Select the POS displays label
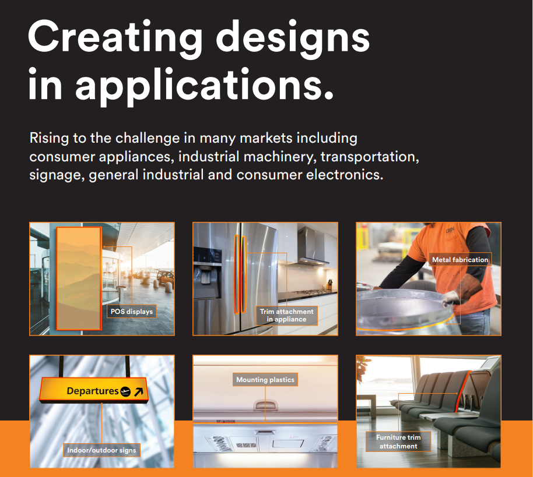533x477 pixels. pos(132,312)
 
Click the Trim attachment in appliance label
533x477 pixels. pos(286,316)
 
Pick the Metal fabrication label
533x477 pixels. pos(460,260)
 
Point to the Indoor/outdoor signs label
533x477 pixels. pos(101,450)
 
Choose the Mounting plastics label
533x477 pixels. pos(265,380)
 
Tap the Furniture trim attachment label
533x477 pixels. pos(398,441)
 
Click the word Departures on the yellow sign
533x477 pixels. pos(93,391)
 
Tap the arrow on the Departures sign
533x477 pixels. pos(139,391)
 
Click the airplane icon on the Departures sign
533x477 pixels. pos(125,391)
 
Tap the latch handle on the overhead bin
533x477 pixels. pos(265,405)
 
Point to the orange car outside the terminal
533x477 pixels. pos(165,278)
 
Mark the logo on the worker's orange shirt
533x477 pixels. pos(450,231)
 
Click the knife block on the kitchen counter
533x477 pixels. pos(329,284)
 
